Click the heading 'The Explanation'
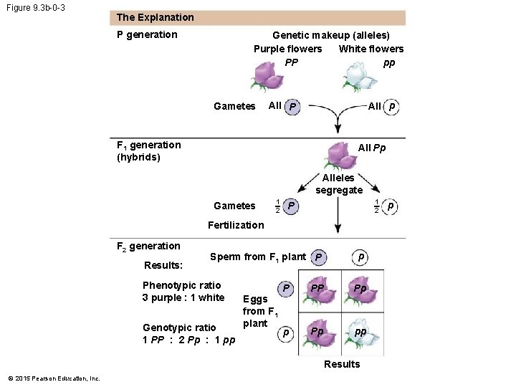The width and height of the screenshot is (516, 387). click(155, 17)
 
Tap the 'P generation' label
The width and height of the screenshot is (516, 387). click(147, 34)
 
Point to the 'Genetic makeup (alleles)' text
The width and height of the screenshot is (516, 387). click(331, 34)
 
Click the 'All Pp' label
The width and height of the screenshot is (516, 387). click(372, 148)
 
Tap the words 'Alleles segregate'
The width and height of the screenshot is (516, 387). click(338, 183)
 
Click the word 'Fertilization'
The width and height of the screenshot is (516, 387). click(236, 225)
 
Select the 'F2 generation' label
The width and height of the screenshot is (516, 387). click(148, 246)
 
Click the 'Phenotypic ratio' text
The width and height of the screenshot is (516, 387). click(182, 285)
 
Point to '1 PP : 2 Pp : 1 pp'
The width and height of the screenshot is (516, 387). click(189, 339)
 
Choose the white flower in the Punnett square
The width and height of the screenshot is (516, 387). click(360, 336)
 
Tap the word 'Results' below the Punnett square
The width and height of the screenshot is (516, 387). click(342, 364)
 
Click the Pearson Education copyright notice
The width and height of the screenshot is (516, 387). click(54, 378)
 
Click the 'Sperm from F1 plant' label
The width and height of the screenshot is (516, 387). click(258, 257)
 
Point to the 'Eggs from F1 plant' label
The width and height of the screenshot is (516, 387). click(255, 311)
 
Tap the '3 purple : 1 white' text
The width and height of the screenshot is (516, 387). click(183, 297)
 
